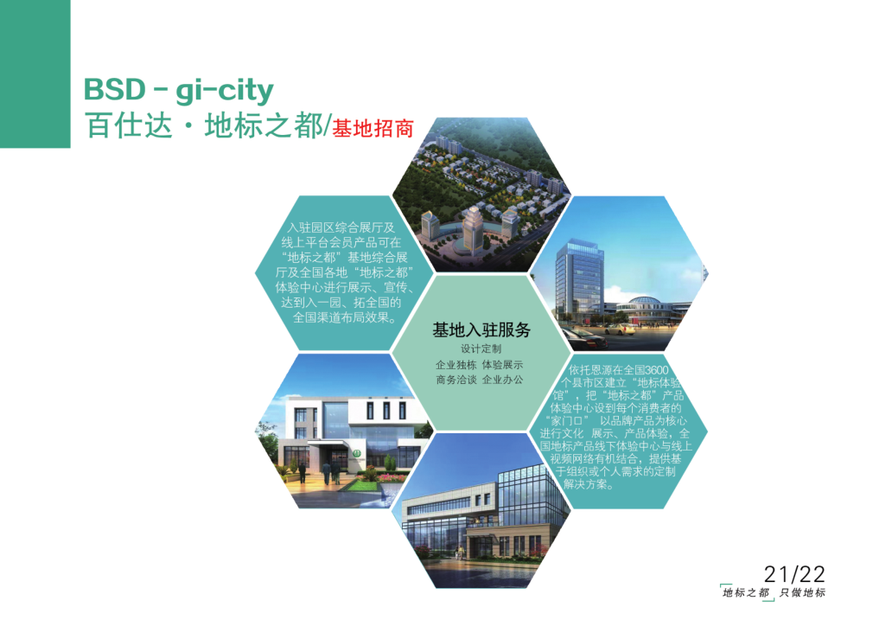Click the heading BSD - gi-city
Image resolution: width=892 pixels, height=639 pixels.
pyautogui.click(x=179, y=91)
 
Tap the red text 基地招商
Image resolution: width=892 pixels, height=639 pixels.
pyautogui.click(x=373, y=129)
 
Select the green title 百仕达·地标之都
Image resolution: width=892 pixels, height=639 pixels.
pyautogui.click(x=204, y=125)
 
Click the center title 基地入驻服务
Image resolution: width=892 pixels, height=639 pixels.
pyautogui.click(x=481, y=329)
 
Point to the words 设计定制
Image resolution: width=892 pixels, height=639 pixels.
pyautogui.click(x=481, y=348)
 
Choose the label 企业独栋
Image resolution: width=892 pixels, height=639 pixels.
pyautogui.click(x=456, y=365)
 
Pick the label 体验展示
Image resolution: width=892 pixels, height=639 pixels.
pyautogui.click(x=502, y=365)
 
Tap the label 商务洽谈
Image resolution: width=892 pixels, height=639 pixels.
pyautogui.click(x=456, y=380)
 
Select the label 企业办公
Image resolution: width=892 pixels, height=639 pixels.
pyautogui.click(x=502, y=380)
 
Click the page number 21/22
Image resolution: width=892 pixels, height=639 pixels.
pyautogui.click(x=794, y=573)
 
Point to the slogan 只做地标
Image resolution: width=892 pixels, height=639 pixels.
pyautogui.click(x=802, y=593)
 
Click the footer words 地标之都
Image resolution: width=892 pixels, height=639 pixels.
pyautogui.click(x=746, y=593)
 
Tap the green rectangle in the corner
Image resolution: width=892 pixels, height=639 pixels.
pyautogui.click(x=35, y=74)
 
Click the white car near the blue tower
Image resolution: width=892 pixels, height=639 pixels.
pyautogui.click(x=620, y=329)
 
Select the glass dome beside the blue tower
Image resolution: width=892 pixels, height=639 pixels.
pyautogui.click(x=640, y=302)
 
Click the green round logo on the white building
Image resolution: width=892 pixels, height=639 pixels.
pyautogui.click(x=356, y=453)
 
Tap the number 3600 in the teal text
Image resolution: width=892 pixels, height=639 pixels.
pyautogui.click(x=656, y=370)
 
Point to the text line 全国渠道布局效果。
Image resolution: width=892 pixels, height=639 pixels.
pyautogui.click(x=344, y=317)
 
